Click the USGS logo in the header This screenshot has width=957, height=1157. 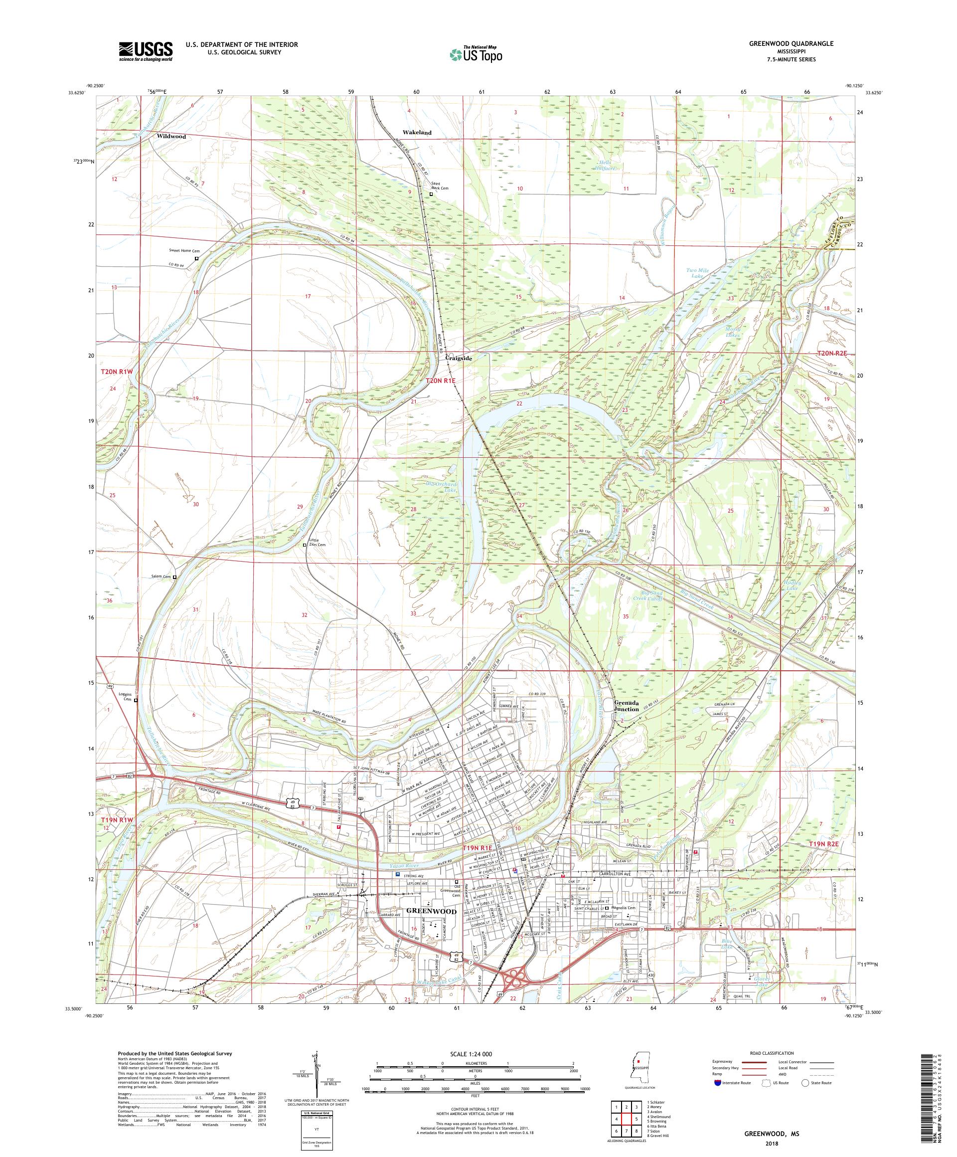tap(146, 52)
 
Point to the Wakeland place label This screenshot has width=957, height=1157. tap(417, 133)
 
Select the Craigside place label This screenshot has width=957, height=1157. tap(458, 357)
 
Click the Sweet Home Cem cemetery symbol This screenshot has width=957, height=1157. tap(196, 258)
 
